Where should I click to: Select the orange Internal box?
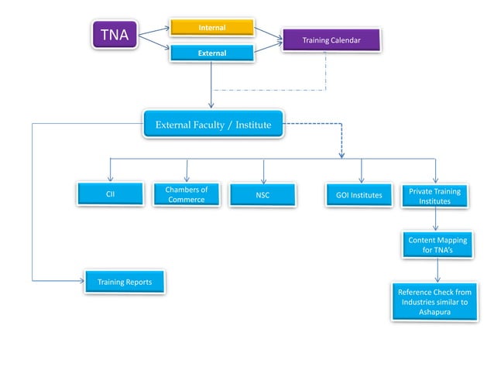pos(212,28)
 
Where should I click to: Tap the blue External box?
pos(212,53)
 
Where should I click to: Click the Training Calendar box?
pos(331,39)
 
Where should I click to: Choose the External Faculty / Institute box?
pos(213,124)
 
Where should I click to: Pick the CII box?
pos(110,194)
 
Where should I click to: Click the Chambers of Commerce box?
pos(186,194)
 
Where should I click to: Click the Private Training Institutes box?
pos(434,196)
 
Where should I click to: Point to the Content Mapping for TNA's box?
pos(437,245)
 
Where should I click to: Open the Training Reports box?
pos(124,283)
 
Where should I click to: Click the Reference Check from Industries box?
pos(433,302)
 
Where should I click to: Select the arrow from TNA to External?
pos(154,45)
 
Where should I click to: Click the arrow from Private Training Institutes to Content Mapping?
pos(437,220)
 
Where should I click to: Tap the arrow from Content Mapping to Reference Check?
pos(437,270)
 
